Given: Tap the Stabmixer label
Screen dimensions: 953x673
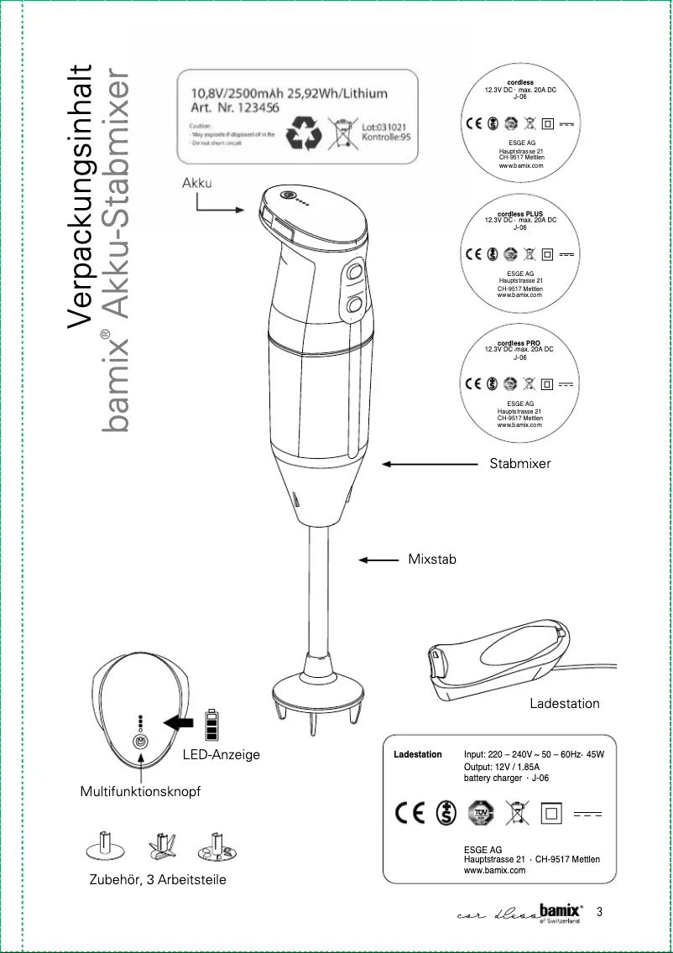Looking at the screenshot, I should click(x=520, y=463).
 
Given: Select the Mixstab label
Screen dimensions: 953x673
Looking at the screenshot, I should click(x=432, y=559).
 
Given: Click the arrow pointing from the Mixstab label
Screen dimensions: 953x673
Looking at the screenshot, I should click(x=378, y=560).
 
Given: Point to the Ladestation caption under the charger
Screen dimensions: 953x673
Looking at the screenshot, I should click(x=564, y=704).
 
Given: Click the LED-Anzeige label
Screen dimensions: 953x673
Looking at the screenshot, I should click(x=222, y=755).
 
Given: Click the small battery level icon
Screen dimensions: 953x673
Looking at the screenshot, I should click(x=211, y=725).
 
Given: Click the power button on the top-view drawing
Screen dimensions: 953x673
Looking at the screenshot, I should click(x=141, y=742).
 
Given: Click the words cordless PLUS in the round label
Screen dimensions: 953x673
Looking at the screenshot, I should click(x=520, y=214).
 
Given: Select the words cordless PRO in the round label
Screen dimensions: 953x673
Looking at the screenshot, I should click(x=519, y=343).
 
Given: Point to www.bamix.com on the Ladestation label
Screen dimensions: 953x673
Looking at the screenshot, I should click(x=494, y=870).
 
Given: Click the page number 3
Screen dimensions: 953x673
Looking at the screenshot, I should click(x=599, y=912).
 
